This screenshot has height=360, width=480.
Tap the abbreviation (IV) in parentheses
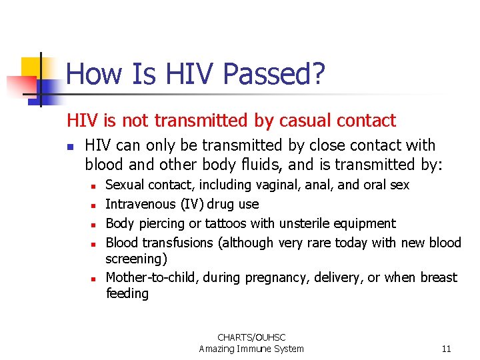pos(194,204)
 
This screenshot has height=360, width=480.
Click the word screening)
pos(136,258)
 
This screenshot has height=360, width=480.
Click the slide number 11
pos(446,349)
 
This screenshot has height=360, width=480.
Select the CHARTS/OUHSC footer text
pos(251,337)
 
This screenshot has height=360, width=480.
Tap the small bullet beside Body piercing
pos(95,225)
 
